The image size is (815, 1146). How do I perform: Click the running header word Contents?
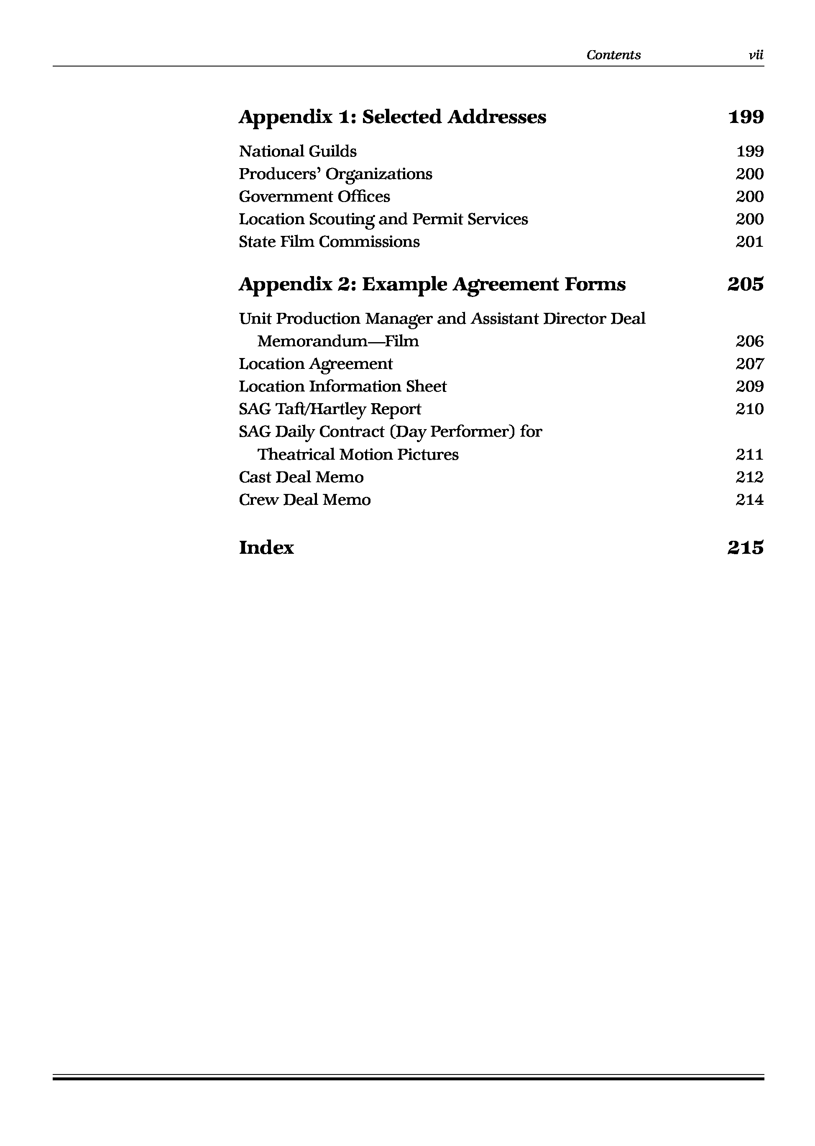[613, 55]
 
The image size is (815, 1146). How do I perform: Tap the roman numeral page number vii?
[756, 55]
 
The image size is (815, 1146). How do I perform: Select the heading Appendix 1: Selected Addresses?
[392, 117]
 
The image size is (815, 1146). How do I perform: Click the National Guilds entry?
[298, 151]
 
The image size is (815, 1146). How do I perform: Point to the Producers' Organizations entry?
[335, 174]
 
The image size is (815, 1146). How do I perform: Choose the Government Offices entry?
[314, 196]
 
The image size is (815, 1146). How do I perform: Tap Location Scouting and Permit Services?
[383, 219]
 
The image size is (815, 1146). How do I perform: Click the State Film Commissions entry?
[329, 241]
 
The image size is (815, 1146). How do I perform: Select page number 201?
[750, 241]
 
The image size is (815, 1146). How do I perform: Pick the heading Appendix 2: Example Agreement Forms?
[432, 284]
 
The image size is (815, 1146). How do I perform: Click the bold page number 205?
[745, 284]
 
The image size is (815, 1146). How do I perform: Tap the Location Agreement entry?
[316, 364]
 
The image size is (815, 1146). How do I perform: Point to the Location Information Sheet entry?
[343, 386]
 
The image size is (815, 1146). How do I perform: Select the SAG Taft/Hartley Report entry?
[330, 409]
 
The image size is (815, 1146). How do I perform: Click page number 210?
[750, 409]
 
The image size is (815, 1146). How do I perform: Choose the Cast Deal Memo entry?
[301, 477]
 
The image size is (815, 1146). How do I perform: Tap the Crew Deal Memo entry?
[304, 499]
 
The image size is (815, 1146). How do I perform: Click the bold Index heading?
[266, 547]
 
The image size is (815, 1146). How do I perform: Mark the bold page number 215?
[745, 547]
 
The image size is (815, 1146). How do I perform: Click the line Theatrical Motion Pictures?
[358, 454]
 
